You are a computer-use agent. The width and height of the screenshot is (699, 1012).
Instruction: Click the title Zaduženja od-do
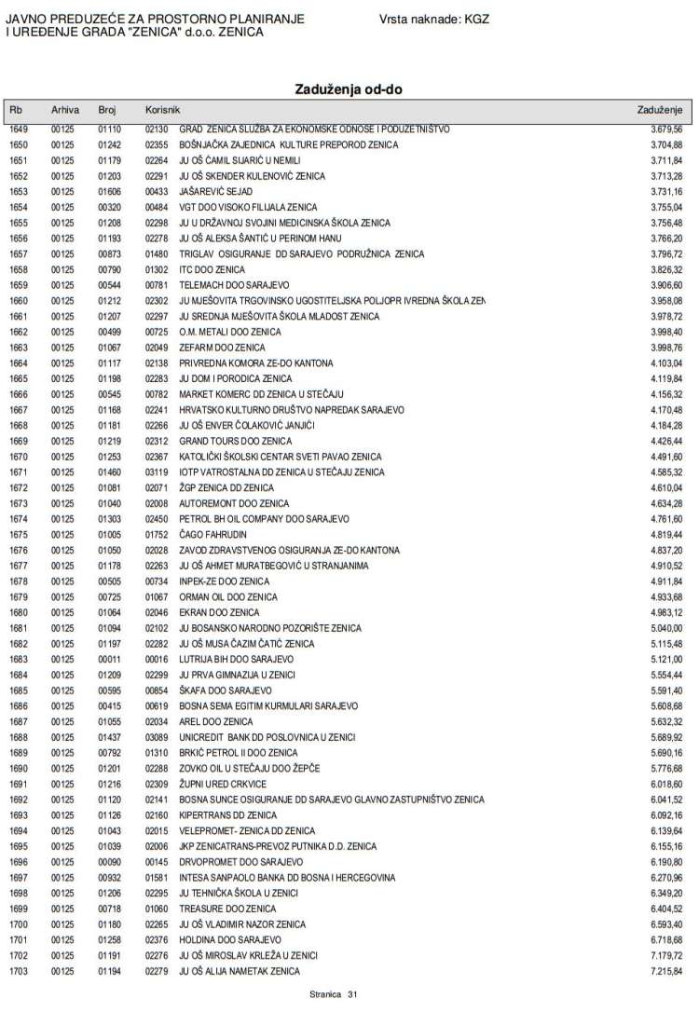tap(349, 89)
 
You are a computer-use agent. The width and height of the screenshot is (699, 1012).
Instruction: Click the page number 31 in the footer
tap(352, 995)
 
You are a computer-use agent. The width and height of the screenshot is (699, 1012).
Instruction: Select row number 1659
tap(20, 284)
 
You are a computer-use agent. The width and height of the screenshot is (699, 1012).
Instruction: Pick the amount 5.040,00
tap(666, 628)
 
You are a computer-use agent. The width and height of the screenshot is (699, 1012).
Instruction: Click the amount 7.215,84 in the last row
tap(666, 971)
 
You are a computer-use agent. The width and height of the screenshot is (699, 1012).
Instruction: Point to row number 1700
tap(20, 924)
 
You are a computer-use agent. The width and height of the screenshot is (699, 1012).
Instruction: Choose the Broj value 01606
tap(110, 191)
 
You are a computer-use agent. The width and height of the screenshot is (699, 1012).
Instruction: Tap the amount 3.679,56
tap(666, 129)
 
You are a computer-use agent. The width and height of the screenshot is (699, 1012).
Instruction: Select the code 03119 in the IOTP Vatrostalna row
tap(156, 472)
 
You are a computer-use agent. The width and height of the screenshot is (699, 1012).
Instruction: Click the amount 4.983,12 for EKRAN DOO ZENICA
tap(666, 612)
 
